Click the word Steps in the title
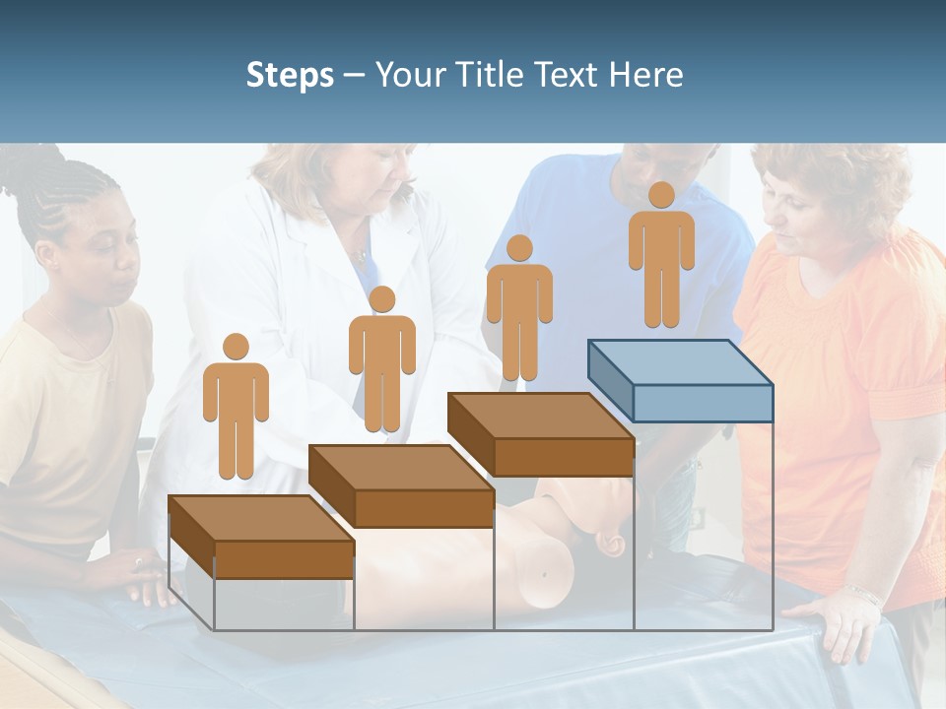pyautogui.click(x=290, y=76)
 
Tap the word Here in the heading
pyautogui.click(x=644, y=75)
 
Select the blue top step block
pyautogui.click(x=680, y=380)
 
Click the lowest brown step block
pyautogui.click(x=261, y=538)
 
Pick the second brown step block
pyautogui.click(x=401, y=485)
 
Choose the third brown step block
pyautogui.click(x=540, y=434)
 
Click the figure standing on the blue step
pyautogui.click(x=661, y=255)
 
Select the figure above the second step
pyautogui.click(x=381, y=359)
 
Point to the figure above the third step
pyautogui.click(x=519, y=308)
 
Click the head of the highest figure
pyautogui.click(x=661, y=195)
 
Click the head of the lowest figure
pyautogui.click(x=236, y=347)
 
